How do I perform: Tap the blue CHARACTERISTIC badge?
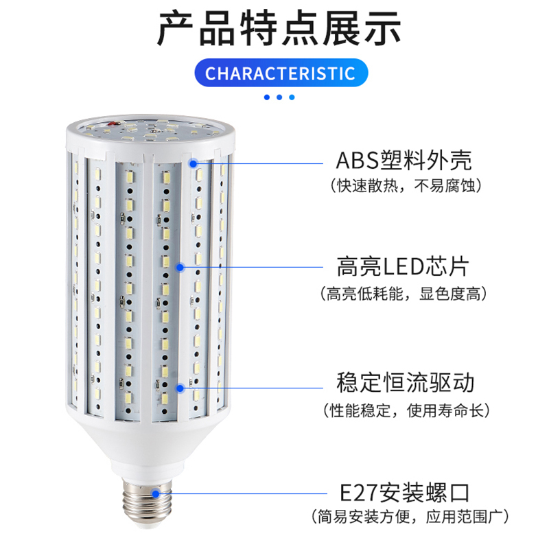click(x=281, y=73)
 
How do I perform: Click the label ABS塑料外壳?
click(x=404, y=161)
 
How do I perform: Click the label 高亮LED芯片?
click(x=404, y=267)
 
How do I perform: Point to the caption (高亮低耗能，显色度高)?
click(x=404, y=294)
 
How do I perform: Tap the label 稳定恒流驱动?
click(x=405, y=382)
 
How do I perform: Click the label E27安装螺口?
click(x=405, y=492)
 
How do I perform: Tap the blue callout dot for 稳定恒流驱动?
click(x=180, y=388)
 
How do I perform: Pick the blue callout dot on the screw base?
click(x=156, y=493)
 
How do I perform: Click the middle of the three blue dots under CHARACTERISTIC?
click(x=279, y=97)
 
